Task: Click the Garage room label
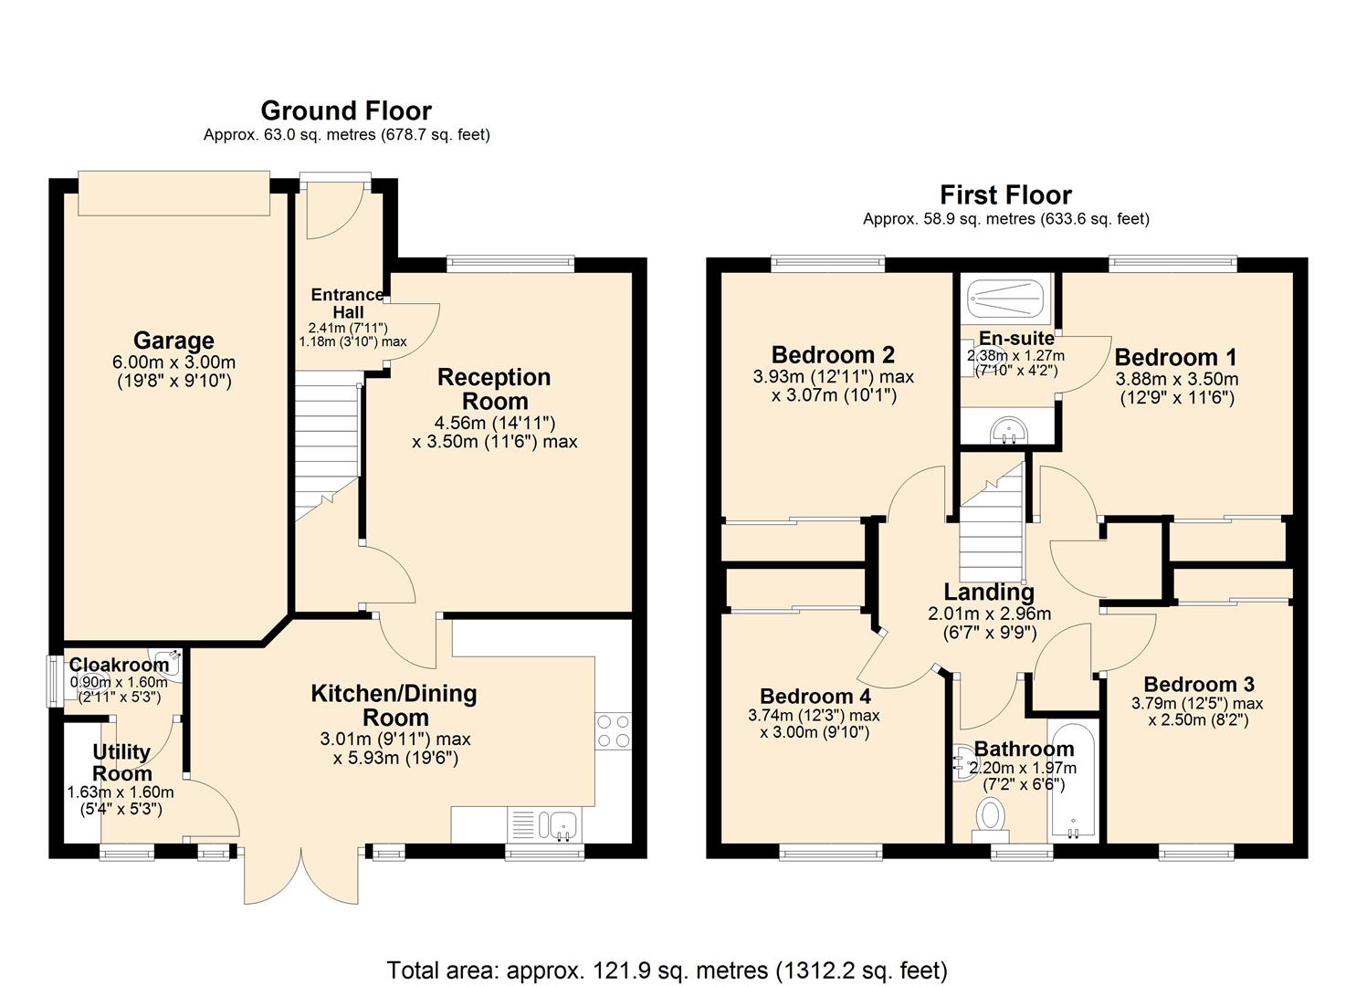pos(173,341)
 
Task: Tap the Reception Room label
pos(494,389)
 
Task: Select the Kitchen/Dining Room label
pos(394,705)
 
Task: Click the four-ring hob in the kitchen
pos(613,731)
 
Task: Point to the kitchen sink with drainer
pos(544,824)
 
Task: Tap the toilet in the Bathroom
pos(990,817)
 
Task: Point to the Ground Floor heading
pos(346,110)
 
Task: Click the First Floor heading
pos(1005,194)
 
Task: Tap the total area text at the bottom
pos(667,970)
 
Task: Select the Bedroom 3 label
pos(1198,684)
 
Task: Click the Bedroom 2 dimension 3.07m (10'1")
pos(834,395)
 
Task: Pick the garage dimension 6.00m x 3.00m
pos(173,362)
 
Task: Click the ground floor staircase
pos(325,447)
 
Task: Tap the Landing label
pos(989,593)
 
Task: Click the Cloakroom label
pos(119,665)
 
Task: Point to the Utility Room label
pos(121,762)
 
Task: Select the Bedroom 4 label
pos(815,697)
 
